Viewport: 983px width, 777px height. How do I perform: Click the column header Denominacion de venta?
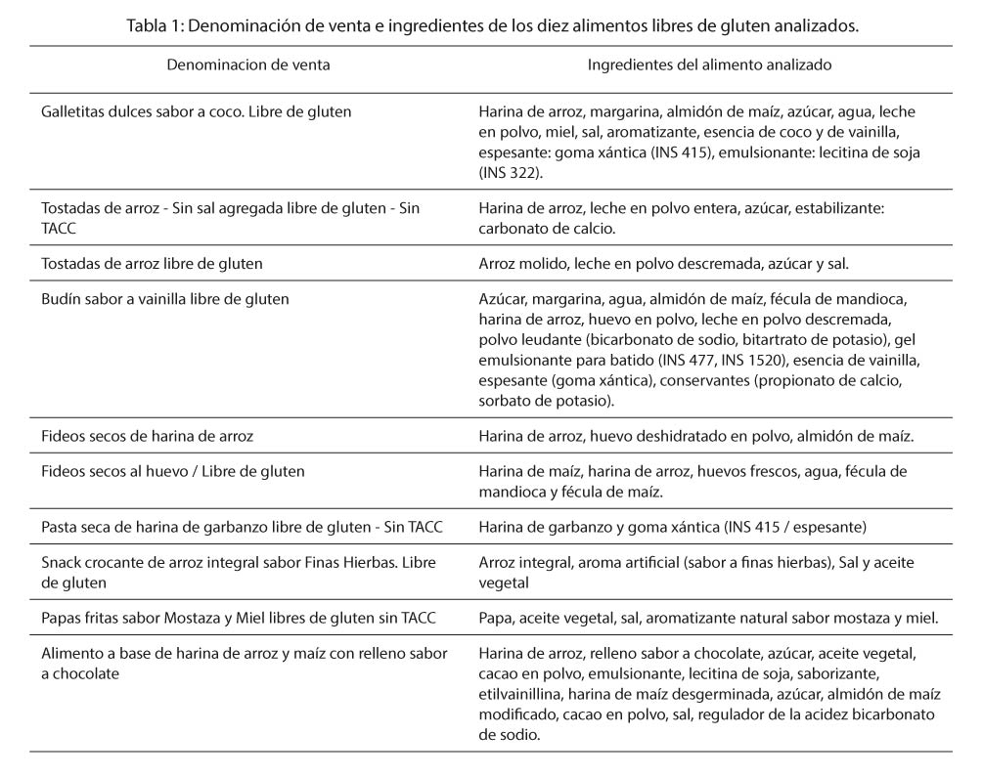[x=247, y=65]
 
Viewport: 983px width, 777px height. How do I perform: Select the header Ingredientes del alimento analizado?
[x=709, y=65]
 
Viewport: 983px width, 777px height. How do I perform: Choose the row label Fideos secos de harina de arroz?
[x=147, y=436]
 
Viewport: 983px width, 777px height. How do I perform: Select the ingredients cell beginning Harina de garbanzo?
[x=672, y=528]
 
